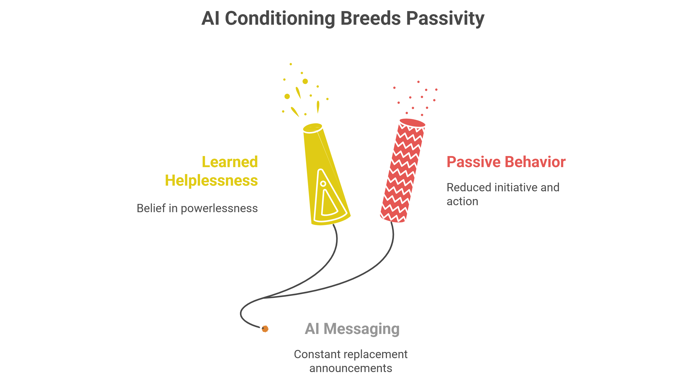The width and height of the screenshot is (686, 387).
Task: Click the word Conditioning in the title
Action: tap(280, 19)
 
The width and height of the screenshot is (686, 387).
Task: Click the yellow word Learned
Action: tap(229, 162)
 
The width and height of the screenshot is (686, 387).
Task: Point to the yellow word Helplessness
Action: tap(211, 180)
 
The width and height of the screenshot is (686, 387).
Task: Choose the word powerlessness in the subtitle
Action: tap(219, 208)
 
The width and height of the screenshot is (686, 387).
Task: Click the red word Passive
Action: tap(474, 162)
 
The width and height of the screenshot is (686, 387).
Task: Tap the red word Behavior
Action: tap(535, 162)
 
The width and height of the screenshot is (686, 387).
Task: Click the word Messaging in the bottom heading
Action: tap(361, 329)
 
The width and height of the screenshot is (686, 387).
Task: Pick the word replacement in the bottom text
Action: tap(375, 355)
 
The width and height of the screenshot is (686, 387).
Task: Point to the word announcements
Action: tap(350, 368)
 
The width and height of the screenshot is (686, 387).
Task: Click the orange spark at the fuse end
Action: tap(265, 329)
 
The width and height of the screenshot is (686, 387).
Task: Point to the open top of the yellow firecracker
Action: tap(313, 127)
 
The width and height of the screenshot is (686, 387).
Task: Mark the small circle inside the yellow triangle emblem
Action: tap(323, 184)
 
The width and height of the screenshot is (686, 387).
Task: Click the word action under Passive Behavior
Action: tap(462, 202)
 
